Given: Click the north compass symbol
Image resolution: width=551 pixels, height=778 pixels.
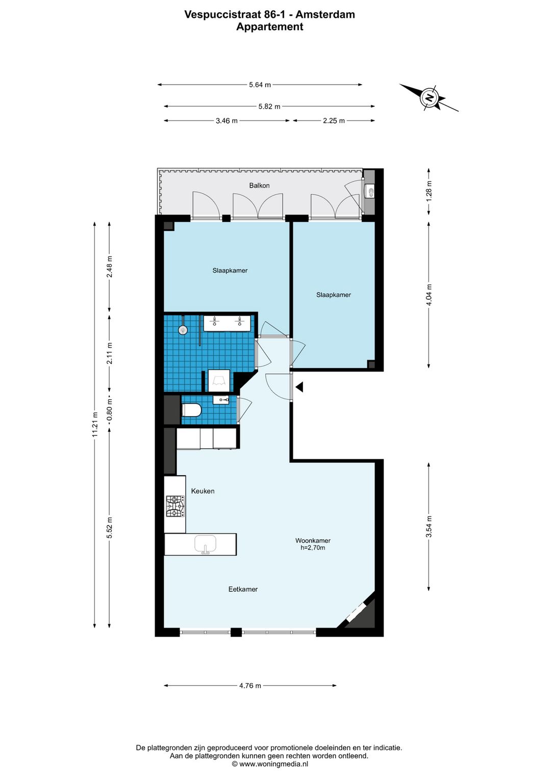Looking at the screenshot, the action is point(430,97).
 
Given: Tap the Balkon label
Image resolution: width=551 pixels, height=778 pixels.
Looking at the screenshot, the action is point(259,186).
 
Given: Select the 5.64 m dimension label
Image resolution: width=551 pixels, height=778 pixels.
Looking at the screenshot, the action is point(260,85).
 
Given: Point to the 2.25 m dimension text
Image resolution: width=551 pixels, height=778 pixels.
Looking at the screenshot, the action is point(334,121).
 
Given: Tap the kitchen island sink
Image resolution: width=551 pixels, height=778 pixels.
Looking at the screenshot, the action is point(205,544).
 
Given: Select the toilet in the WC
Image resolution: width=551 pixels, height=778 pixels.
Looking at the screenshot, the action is point(191,410).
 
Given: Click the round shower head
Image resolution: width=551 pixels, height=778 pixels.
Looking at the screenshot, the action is point(183,329).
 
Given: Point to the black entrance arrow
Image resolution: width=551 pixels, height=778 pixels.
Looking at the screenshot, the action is point(299,387).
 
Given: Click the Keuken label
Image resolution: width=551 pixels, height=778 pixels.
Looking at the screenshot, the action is point(203,491).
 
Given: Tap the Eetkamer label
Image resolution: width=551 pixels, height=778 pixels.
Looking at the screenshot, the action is point(243,589).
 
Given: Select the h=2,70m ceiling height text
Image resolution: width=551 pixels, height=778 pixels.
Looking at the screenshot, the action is point(313,548).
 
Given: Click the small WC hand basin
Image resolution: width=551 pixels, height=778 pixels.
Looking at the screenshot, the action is point(221,400).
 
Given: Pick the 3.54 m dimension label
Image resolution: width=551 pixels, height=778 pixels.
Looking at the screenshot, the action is point(429,527).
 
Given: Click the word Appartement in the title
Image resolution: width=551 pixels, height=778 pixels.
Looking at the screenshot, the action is point(270,27).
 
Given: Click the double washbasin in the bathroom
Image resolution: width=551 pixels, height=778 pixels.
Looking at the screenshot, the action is point(227,323).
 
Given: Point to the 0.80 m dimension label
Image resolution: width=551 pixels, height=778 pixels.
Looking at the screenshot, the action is point(110,410).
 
